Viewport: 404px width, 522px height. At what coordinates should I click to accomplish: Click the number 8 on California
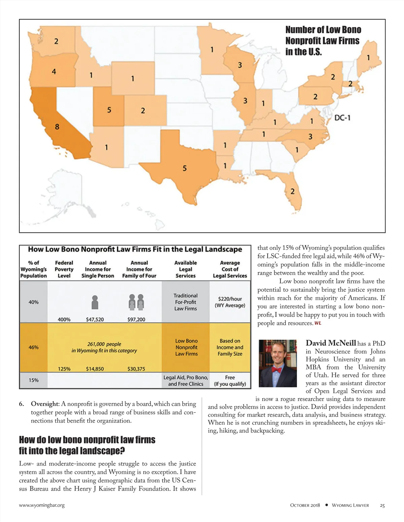click(57, 127)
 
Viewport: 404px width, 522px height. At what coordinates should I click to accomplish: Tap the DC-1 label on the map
click(342, 118)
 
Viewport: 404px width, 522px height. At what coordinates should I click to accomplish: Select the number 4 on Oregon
click(54, 71)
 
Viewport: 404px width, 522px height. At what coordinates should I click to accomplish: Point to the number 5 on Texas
click(184, 168)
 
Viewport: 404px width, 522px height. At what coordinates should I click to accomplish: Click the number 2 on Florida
click(292, 191)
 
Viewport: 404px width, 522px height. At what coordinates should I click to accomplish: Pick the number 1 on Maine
click(368, 58)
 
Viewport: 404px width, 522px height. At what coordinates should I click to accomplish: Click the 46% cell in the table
click(33, 347)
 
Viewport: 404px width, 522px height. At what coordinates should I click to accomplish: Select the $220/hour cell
click(230, 302)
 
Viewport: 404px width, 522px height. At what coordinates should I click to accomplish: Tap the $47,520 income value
click(95, 319)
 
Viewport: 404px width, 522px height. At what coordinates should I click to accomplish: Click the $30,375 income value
click(136, 369)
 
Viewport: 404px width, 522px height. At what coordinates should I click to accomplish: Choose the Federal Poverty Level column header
click(64, 269)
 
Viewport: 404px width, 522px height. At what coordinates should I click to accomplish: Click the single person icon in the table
click(95, 302)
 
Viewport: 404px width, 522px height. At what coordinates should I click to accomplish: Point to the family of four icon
click(136, 302)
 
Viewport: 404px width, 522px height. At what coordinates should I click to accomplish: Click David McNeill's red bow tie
click(276, 370)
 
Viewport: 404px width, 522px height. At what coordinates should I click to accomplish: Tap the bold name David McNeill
click(331, 343)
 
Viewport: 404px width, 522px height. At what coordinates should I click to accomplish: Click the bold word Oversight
click(44, 404)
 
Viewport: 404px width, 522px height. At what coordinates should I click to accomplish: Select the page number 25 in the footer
click(382, 505)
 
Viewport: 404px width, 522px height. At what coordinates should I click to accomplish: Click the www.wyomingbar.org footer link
click(42, 505)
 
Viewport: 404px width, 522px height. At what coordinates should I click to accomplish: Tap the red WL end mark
click(318, 323)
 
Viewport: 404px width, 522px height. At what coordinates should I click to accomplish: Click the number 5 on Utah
click(109, 110)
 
